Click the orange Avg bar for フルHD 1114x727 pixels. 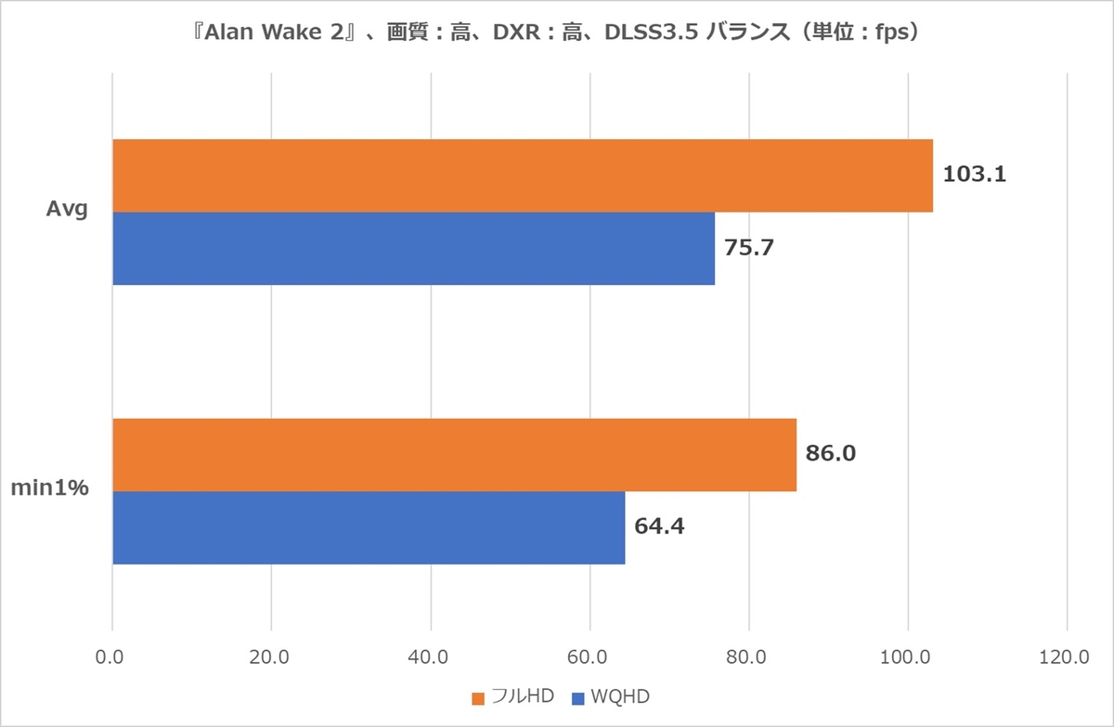tap(522, 175)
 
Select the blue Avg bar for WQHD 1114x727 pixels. tap(413, 248)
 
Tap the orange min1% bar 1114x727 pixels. tap(454, 455)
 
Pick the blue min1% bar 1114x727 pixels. tap(369, 527)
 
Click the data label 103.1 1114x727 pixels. tap(974, 175)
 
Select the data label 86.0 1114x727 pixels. tap(831, 454)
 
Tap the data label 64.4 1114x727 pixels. tap(660, 526)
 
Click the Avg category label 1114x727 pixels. tap(67, 210)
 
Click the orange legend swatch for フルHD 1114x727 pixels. tap(478, 698)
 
